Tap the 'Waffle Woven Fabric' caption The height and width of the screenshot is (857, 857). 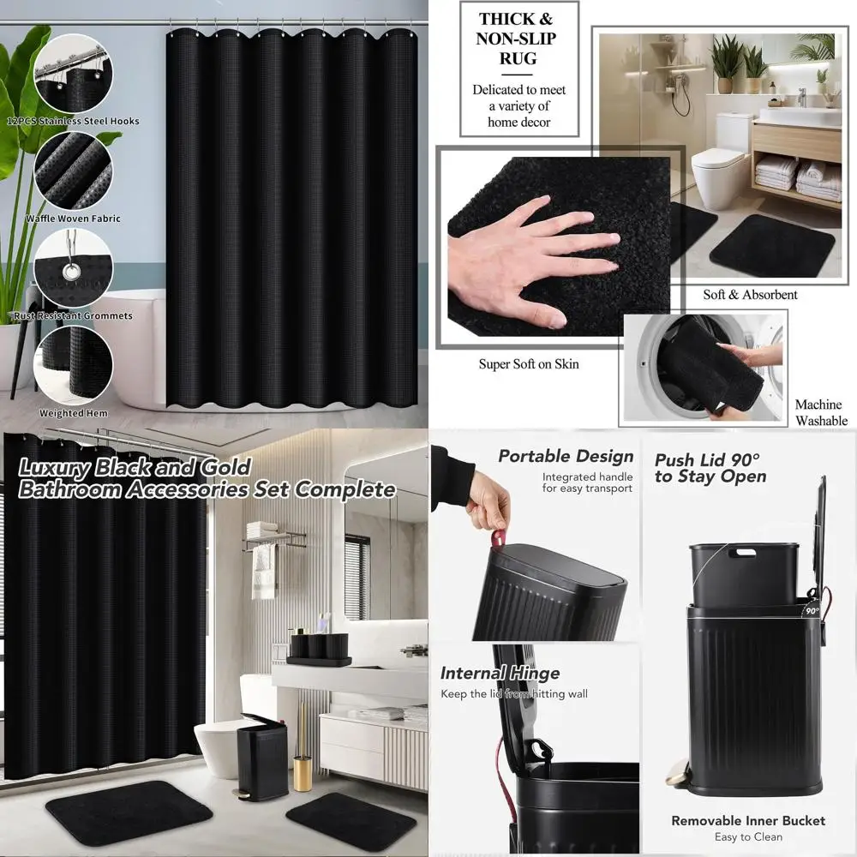click(73, 219)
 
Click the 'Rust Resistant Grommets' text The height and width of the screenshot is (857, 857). click(73, 315)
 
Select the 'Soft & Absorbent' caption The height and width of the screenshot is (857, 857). click(750, 295)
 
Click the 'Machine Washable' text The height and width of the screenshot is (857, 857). click(820, 412)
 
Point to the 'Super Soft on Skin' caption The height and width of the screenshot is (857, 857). click(529, 364)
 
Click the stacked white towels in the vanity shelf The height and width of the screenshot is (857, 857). click(797, 180)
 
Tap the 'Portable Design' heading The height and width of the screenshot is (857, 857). click(566, 457)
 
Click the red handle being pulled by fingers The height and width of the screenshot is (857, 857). click(496, 538)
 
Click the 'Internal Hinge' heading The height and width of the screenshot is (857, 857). click(500, 673)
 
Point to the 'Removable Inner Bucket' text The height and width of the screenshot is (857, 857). click(748, 821)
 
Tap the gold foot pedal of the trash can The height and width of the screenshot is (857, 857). click(676, 776)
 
